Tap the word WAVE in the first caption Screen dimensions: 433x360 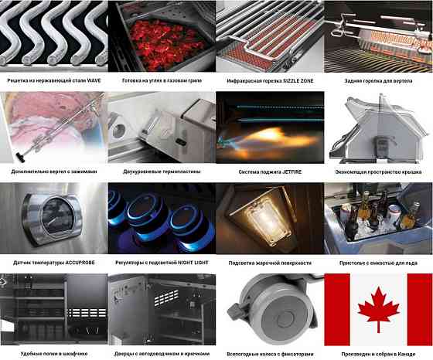94,80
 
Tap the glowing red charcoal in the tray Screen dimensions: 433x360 165,44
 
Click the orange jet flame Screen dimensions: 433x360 276,139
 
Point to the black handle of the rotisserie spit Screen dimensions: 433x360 20,158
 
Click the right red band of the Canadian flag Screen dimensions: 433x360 420,309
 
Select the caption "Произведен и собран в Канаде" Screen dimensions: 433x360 378,354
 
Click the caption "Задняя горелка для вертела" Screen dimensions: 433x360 378,81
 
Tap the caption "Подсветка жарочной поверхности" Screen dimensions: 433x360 270,263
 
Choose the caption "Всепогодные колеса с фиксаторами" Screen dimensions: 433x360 270,354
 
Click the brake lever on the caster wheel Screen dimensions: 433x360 234,312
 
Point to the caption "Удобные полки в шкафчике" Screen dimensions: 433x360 54,354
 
